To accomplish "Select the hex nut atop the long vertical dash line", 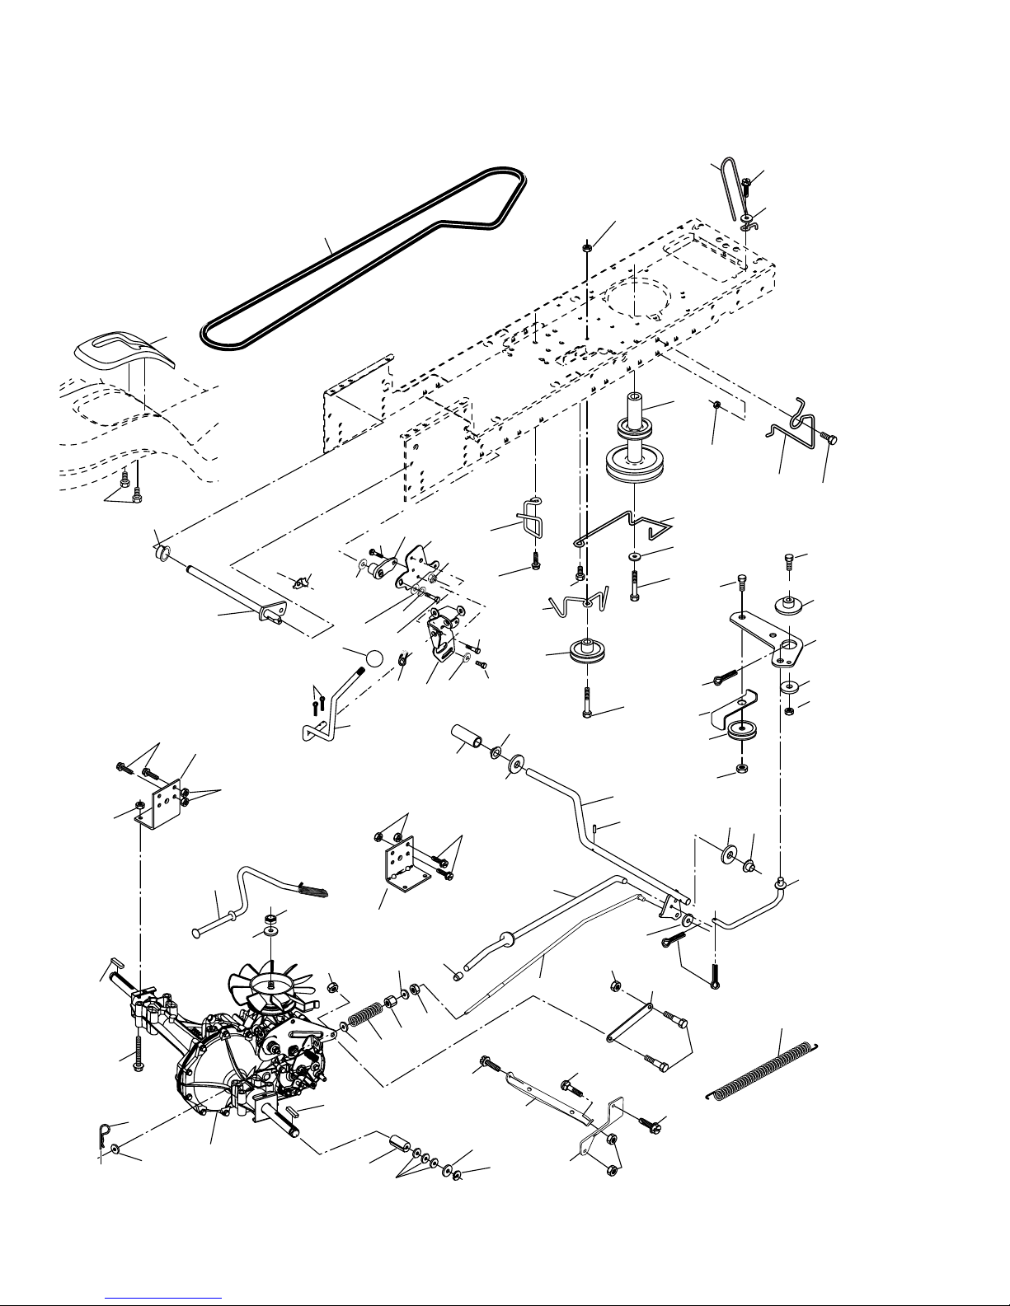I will pos(585,246).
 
